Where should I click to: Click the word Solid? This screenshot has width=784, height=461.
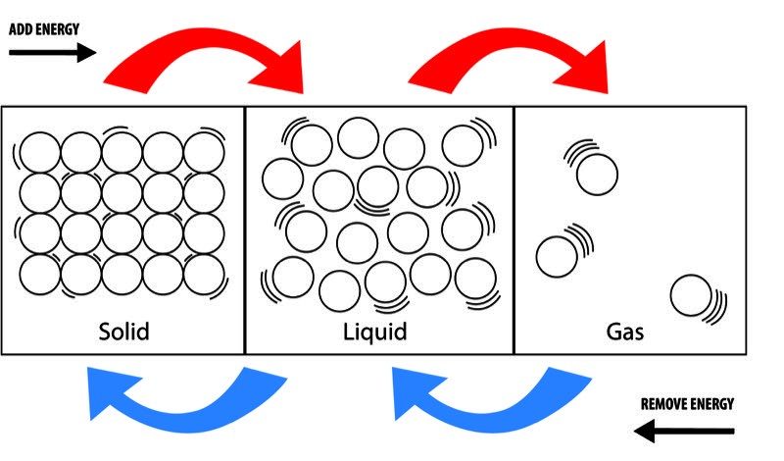pyautogui.click(x=123, y=331)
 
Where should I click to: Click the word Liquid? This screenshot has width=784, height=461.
pyautogui.click(x=374, y=331)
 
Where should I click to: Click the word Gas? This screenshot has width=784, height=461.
pyautogui.click(x=624, y=331)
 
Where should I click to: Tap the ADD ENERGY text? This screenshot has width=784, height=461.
pyautogui.click(x=44, y=28)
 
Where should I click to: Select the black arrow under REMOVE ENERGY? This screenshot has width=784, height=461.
pyautogui.click(x=683, y=430)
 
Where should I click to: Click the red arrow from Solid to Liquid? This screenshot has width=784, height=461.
pyautogui.click(x=206, y=61)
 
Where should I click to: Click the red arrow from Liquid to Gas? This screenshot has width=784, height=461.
pyautogui.click(x=510, y=61)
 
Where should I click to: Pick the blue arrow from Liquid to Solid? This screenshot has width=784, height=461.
pyautogui.click(x=181, y=397)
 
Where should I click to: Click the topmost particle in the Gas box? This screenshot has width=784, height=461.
pyautogui.click(x=596, y=175)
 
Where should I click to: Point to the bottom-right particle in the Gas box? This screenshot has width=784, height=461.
pyautogui.click(x=690, y=295)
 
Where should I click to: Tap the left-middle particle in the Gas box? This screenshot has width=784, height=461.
pyautogui.click(x=557, y=255)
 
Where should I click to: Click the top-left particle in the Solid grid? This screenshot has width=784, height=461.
pyautogui.click(x=40, y=153)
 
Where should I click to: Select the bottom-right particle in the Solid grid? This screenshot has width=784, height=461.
pyautogui.click(x=204, y=274)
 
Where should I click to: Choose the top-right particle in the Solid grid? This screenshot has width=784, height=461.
pyautogui.click(x=204, y=153)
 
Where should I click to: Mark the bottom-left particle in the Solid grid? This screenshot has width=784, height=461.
pyautogui.click(x=40, y=274)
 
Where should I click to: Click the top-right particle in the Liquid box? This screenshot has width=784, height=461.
pyautogui.click(x=462, y=144)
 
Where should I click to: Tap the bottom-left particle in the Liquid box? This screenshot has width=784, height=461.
pyautogui.click(x=293, y=277)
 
